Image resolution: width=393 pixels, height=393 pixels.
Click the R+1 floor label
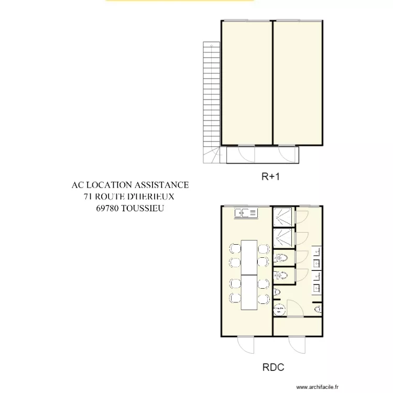(x=271, y=177)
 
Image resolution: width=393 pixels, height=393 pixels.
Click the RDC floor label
(x=273, y=368)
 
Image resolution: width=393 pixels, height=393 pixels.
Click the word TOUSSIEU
(x=143, y=208)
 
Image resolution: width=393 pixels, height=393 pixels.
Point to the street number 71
(x=88, y=196)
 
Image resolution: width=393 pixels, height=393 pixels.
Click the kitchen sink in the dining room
(x=246, y=213)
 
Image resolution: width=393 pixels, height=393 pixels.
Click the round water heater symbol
(x=278, y=309)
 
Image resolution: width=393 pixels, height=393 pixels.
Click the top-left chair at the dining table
(x=233, y=247)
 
